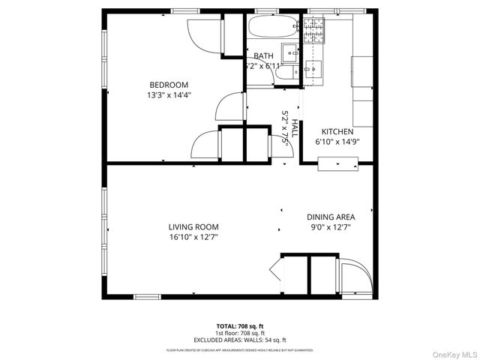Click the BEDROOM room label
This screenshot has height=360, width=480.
[169, 85]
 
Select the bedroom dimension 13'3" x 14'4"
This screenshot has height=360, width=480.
[169, 95]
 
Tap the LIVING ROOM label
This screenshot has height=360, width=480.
[193, 226]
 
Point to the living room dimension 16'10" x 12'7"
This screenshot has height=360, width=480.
[193, 237]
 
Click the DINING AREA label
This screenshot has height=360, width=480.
[331, 217]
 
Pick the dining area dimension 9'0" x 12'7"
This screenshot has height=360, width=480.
[331, 226]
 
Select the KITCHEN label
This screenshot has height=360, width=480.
[333, 130]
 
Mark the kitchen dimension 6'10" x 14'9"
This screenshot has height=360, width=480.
[333, 141]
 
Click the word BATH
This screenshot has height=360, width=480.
[263, 56]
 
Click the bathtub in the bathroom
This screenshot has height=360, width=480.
[274, 28]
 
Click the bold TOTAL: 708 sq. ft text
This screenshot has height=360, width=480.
[240, 326]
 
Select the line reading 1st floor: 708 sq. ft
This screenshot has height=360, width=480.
[240, 333]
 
